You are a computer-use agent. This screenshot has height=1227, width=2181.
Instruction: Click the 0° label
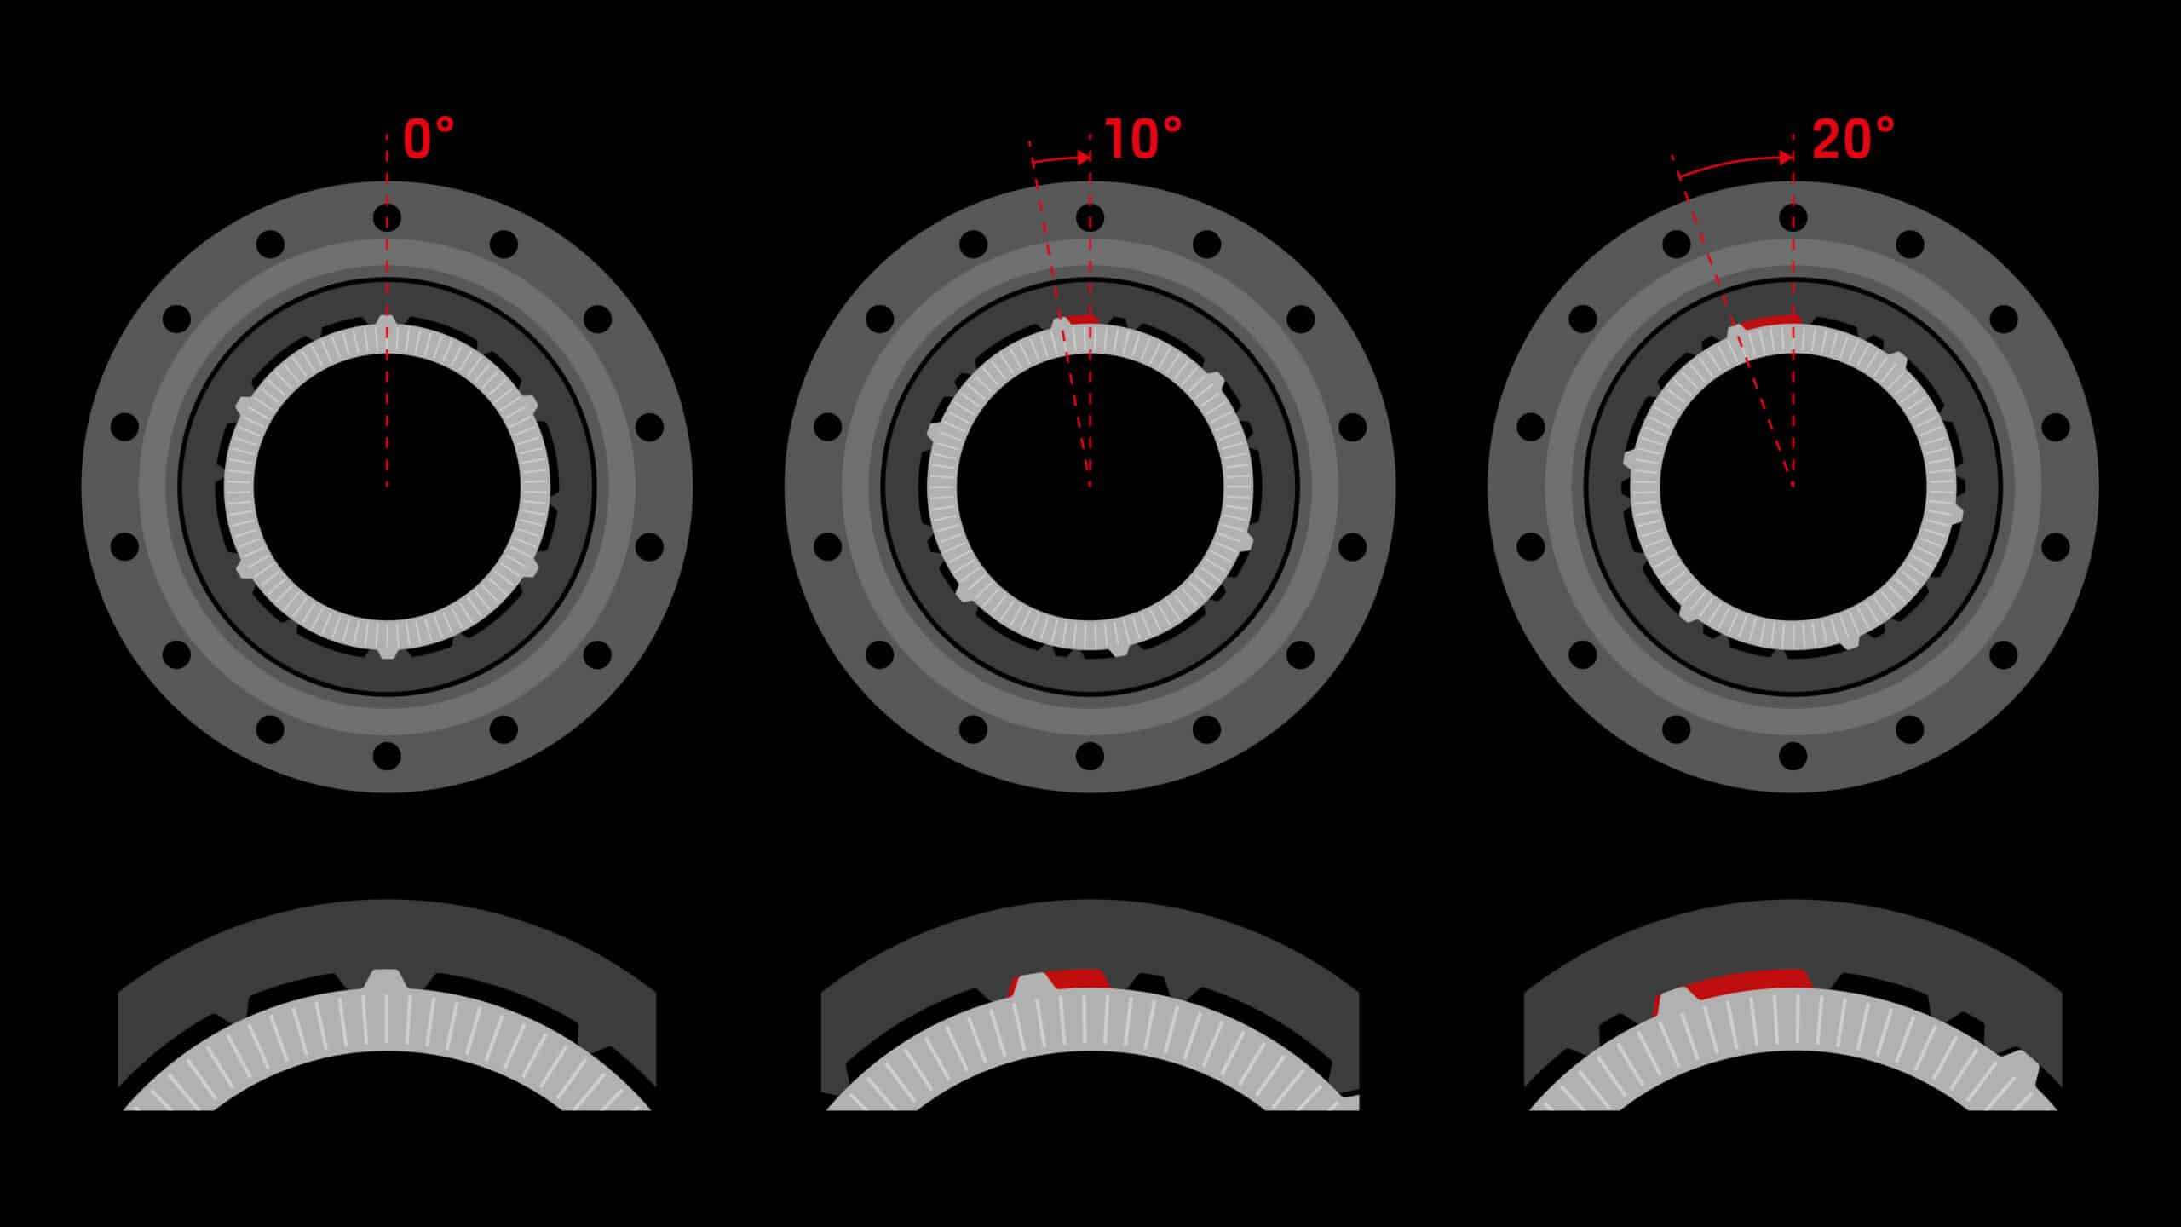coord(429,139)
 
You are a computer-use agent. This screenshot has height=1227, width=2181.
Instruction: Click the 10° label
coord(1143,139)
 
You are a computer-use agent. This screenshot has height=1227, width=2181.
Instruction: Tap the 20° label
coord(1854,139)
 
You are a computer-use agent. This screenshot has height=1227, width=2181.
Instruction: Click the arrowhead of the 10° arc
coord(1085,158)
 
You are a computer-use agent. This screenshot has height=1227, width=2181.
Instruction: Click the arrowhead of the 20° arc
coord(1787,158)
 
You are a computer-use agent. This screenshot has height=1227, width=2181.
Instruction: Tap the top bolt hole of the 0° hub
coord(387,218)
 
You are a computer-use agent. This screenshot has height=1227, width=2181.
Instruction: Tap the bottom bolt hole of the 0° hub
coord(387,756)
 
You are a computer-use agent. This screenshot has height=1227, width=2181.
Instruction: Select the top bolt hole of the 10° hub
coord(1090,218)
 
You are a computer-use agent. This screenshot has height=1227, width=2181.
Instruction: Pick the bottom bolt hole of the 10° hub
coord(1090,756)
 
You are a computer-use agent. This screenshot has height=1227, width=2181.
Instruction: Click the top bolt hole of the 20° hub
coord(1793,218)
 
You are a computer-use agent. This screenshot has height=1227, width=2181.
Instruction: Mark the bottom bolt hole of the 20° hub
coord(1793,756)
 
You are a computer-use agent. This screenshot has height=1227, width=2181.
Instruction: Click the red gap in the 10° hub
coord(1083,320)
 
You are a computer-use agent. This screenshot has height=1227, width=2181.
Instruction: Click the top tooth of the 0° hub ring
coord(387,322)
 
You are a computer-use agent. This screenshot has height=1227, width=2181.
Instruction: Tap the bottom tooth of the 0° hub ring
coord(387,650)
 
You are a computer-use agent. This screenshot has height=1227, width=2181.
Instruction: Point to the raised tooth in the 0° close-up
coord(387,982)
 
